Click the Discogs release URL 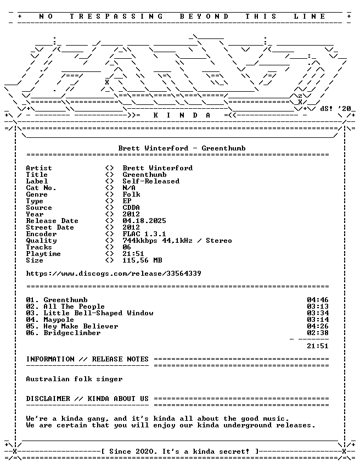114,274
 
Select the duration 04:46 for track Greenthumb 318,300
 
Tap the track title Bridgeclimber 72,333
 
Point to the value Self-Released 151,181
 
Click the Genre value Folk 131,194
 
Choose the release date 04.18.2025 144,221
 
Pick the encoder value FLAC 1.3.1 144,234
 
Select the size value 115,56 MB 142,260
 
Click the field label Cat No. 41,188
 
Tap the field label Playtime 43,254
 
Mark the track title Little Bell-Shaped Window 98,313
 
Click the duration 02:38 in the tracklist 318,333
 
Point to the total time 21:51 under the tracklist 318,346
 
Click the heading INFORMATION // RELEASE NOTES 87,359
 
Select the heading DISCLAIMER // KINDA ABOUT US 87,399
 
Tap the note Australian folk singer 74,379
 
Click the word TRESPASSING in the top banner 116,16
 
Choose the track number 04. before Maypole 32,320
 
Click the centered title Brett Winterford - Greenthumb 182,148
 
